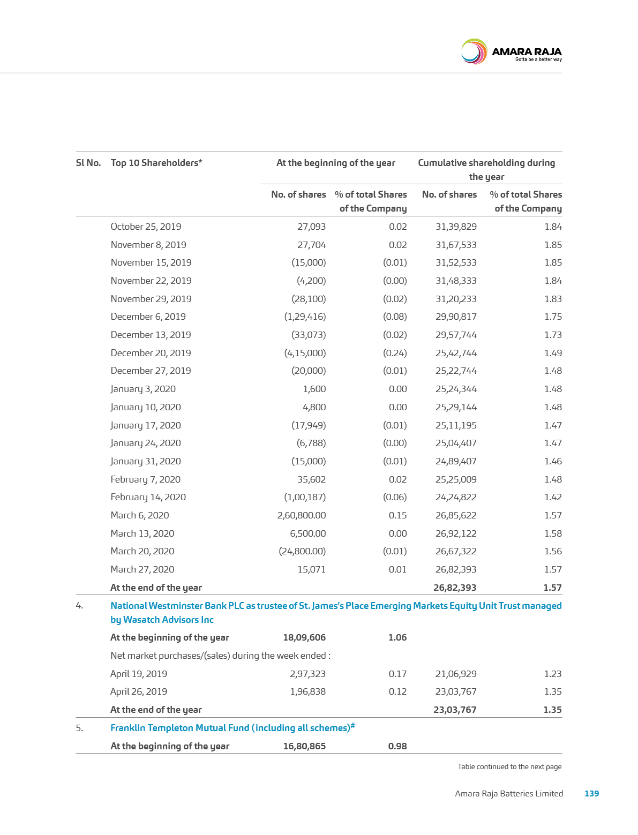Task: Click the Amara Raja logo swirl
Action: tap(474, 52)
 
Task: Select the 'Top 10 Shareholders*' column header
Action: tap(156, 163)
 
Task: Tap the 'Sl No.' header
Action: tap(88, 163)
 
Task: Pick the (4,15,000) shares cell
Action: tap(305, 353)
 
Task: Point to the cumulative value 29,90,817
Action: tap(456, 317)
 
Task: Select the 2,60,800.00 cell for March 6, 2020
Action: tap(302, 515)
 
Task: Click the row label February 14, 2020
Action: tap(148, 497)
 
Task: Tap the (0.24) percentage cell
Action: tap(395, 353)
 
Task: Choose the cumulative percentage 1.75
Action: tap(553, 317)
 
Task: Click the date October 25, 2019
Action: tap(146, 227)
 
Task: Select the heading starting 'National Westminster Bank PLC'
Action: tap(335, 612)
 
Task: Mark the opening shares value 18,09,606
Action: tap(304, 637)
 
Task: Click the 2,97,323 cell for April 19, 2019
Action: tap(307, 674)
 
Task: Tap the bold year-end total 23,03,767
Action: tap(455, 710)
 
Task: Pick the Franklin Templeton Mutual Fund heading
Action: tap(233, 728)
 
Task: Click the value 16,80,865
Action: tap(304, 746)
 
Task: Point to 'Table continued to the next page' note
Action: tap(509, 766)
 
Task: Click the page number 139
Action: tap(591, 794)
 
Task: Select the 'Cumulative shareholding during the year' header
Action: tap(486, 169)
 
